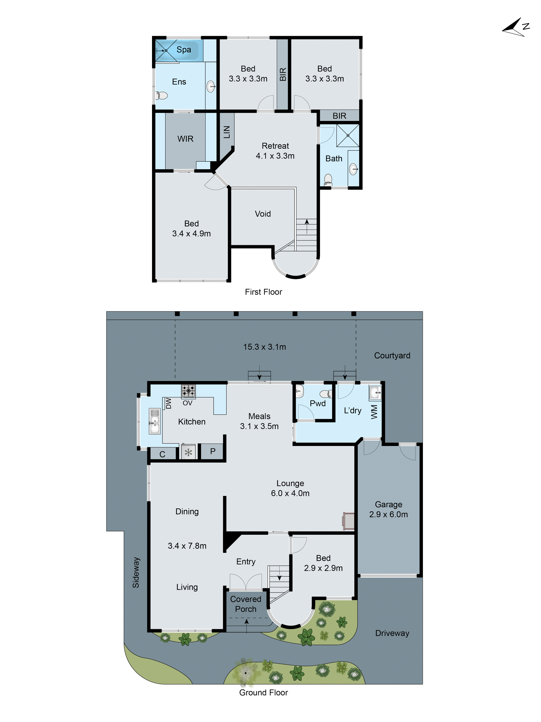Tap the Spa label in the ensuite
pos(184,50)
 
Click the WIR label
pos(185,139)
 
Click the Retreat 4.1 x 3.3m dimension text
pos(275,156)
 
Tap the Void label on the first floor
pos(263,214)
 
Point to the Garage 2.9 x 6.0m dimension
pos(388,514)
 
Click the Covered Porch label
pos(246,604)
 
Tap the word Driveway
pos(392,633)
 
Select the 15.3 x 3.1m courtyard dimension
pos(265,347)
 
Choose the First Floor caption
pos(263,292)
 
